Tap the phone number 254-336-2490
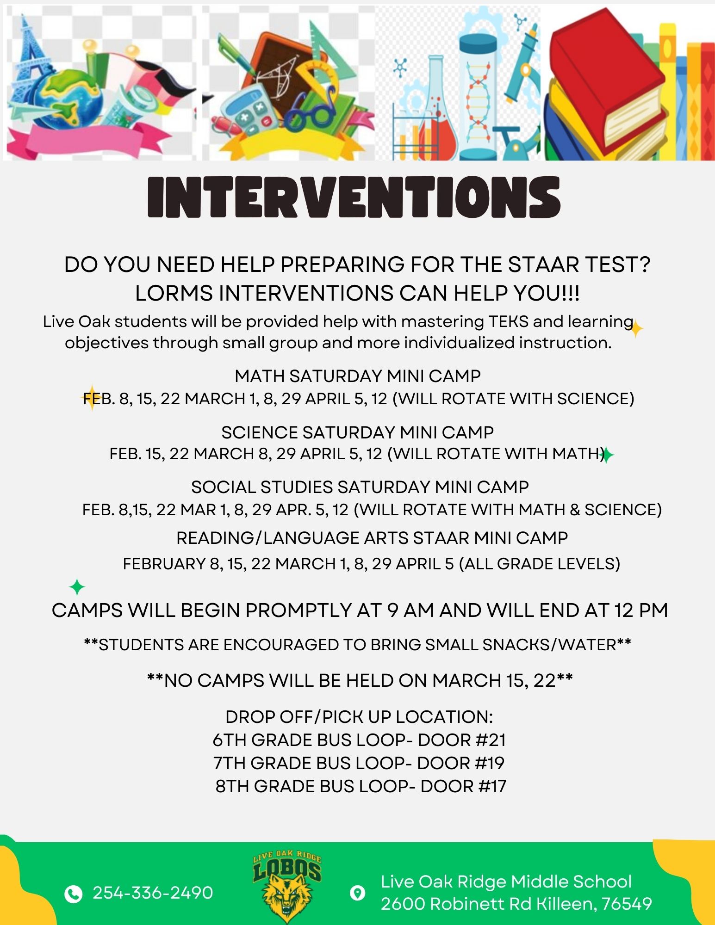pyautogui.click(x=153, y=893)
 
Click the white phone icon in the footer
pyautogui.click(x=73, y=894)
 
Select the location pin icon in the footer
pyautogui.click(x=357, y=893)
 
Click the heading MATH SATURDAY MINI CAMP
pyautogui.click(x=357, y=376)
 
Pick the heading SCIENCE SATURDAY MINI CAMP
pyautogui.click(x=357, y=432)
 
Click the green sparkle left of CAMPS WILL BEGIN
pyautogui.click(x=77, y=587)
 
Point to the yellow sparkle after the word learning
pyautogui.click(x=636, y=329)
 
